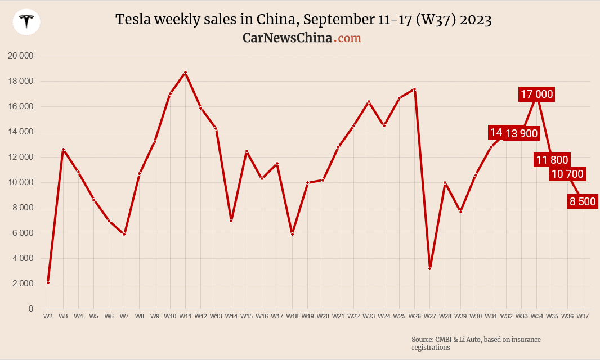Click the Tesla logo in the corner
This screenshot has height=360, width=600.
(26, 22)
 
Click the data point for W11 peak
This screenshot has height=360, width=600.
(185, 73)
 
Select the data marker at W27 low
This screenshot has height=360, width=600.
(429, 268)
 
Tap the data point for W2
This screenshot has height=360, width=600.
(48, 282)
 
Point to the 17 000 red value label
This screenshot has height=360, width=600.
(537, 94)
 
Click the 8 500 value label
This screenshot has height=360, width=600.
(583, 201)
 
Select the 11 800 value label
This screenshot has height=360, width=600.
(552, 160)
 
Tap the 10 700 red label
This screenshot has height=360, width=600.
(567, 174)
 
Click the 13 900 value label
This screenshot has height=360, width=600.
(522, 133)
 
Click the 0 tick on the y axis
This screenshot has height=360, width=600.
(31, 309)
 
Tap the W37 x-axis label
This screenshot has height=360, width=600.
(583, 317)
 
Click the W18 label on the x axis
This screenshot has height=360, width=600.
(292, 317)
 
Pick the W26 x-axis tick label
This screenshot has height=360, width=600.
(414, 317)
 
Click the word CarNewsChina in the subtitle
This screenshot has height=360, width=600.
(287, 38)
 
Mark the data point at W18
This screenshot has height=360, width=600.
(292, 234)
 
